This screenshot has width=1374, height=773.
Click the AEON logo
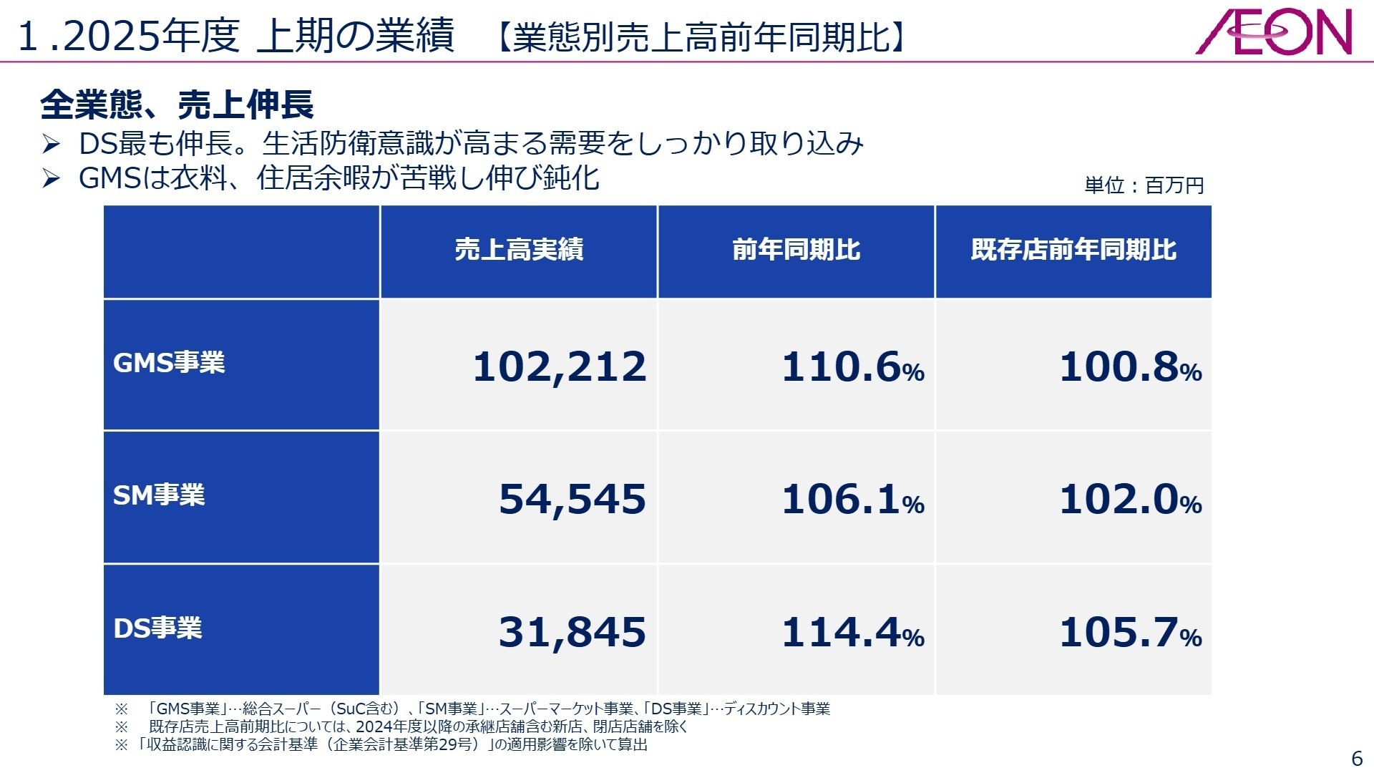pyautogui.click(x=1274, y=32)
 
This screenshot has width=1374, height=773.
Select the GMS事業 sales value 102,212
pyautogui.click(x=560, y=366)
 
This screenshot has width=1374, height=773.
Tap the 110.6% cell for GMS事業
pyautogui.click(x=852, y=366)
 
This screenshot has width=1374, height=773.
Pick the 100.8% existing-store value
pyautogui.click(x=1130, y=366)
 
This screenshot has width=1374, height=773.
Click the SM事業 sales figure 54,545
pyautogui.click(x=572, y=499)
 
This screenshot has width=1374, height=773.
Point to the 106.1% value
pyautogui.click(x=852, y=499)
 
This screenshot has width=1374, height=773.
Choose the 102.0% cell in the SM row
pyautogui.click(x=1130, y=499)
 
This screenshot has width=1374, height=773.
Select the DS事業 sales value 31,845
pyautogui.click(x=572, y=632)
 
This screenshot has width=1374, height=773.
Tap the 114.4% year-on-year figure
pyautogui.click(x=852, y=632)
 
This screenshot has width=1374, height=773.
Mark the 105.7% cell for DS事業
pyautogui.click(x=1130, y=632)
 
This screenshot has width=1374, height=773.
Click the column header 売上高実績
pyautogui.click(x=519, y=250)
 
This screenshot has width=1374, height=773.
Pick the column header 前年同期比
pyautogui.click(x=796, y=250)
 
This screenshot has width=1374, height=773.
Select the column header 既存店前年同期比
pyautogui.click(x=1073, y=250)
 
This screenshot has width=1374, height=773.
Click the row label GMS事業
pyautogui.click(x=169, y=363)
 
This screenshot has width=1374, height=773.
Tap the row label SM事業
pyautogui.click(x=159, y=495)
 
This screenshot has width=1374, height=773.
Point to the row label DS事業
pyautogui.click(x=157, y=628)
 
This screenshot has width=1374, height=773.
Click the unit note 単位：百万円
pyautogui.click(x=1144, y=185)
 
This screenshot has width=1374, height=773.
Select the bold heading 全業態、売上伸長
pyautogui.click(x=177, y=105)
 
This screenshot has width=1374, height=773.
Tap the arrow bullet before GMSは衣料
pyautogui.click(x=51, y=178)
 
